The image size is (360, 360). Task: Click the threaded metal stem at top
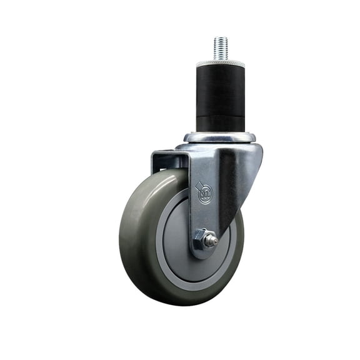pos(219,49)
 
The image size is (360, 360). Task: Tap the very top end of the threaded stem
pos(219,37)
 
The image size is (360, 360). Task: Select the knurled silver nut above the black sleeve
pos(219,64)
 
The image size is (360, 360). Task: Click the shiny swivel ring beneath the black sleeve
pos(219,137)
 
